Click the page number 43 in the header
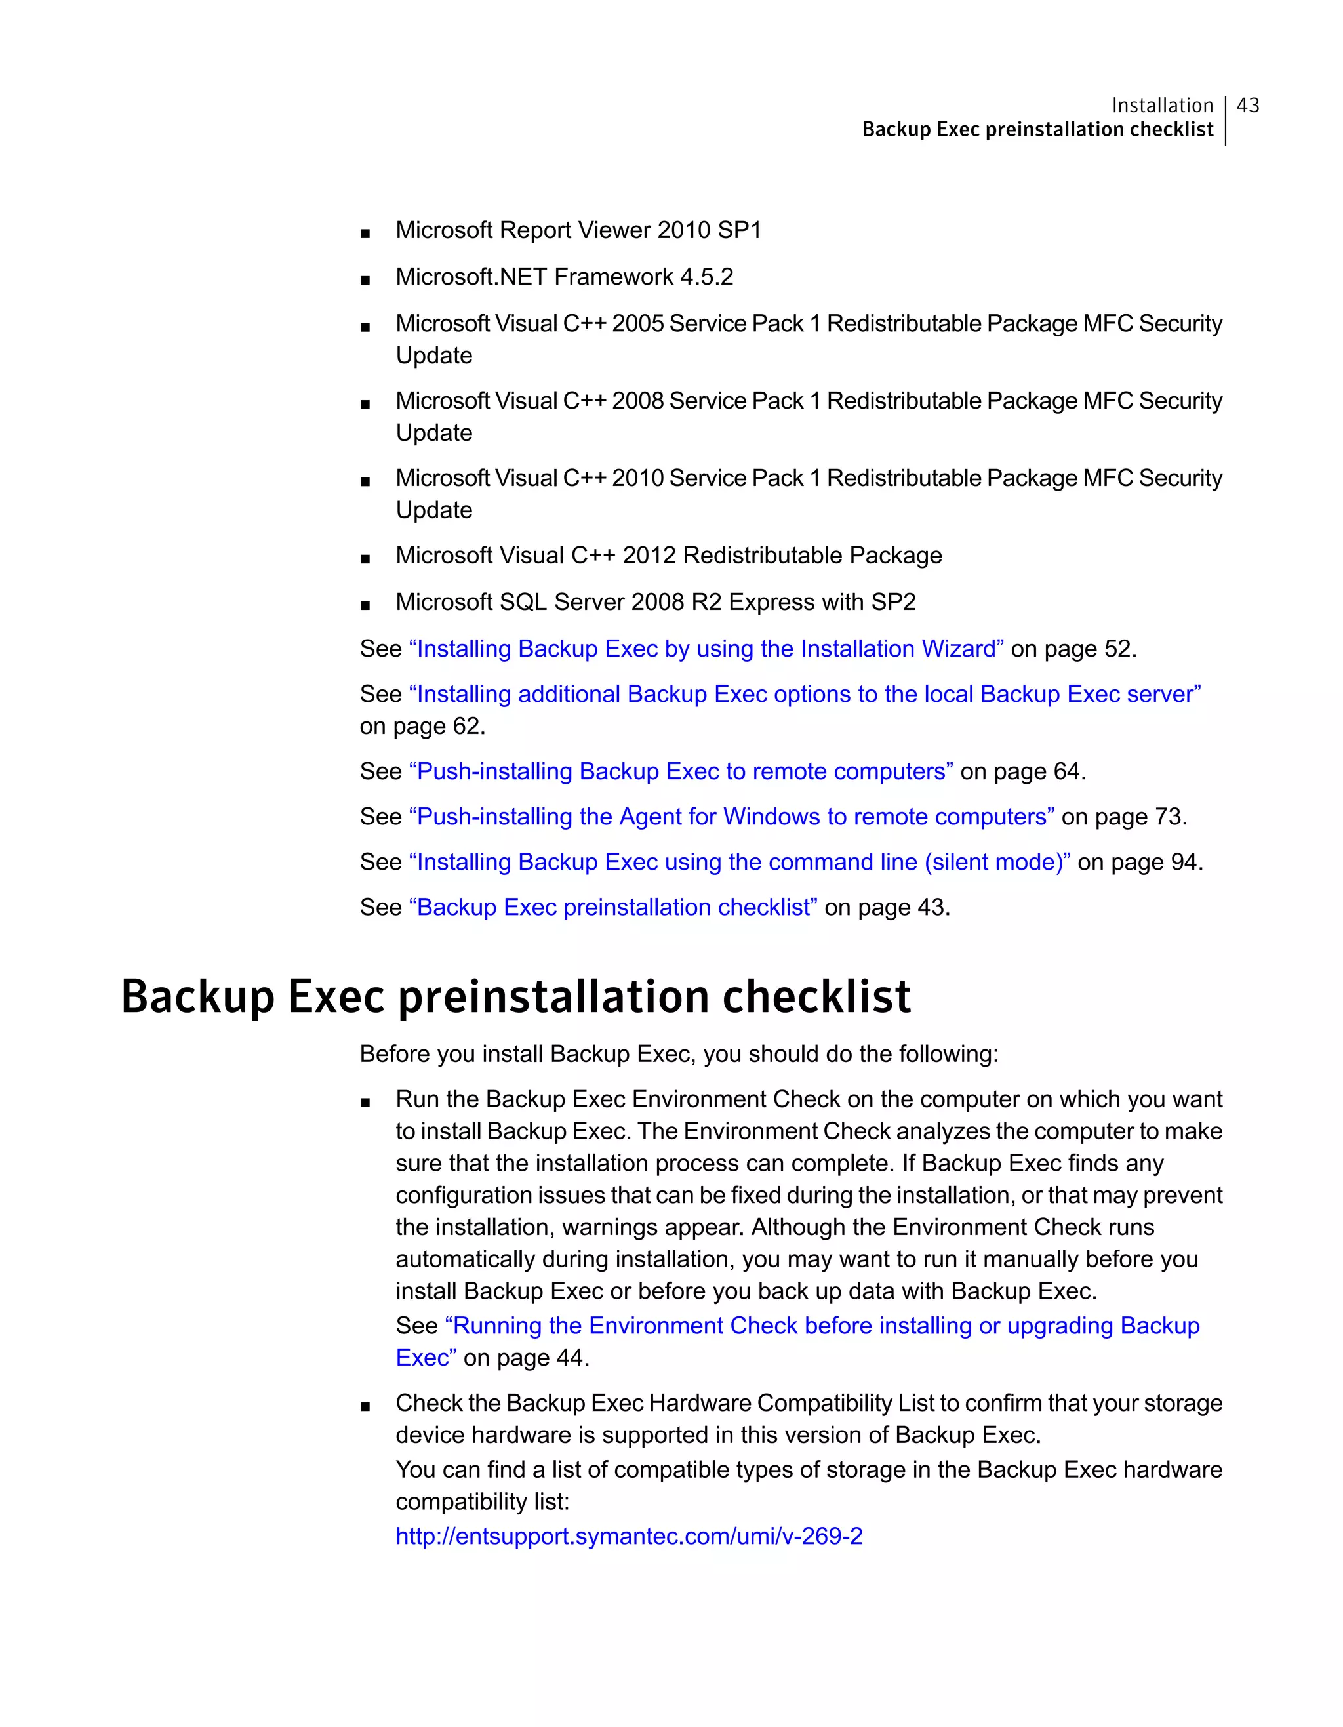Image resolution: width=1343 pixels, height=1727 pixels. click(x=1247, y=105)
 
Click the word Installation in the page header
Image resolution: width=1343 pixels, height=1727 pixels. click(x=1161, y=105)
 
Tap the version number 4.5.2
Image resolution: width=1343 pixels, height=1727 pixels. click(x=706, y=277)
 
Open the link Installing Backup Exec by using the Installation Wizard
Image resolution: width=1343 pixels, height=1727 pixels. click(x=706, y=649)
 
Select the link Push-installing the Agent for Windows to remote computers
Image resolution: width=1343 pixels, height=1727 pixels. click(x=731, y=816)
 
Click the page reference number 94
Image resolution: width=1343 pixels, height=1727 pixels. click(x=1184, y=862)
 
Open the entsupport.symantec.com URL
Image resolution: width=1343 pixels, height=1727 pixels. click(x=628, y=1536)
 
